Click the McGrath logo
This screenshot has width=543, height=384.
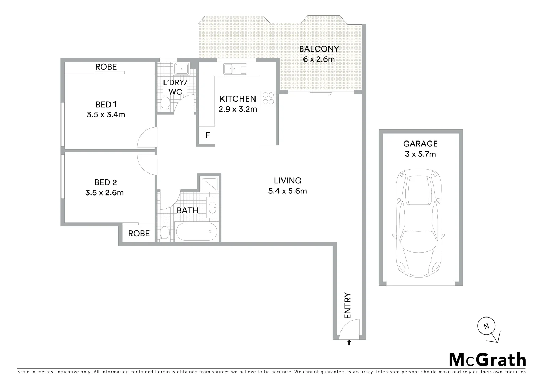487,360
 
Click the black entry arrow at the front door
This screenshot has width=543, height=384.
349,342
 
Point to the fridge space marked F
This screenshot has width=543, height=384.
208,135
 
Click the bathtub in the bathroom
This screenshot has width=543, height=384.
197,232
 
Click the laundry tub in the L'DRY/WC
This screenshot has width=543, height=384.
182,69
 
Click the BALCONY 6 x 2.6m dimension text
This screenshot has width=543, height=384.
319,59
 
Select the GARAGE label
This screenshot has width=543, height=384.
420,144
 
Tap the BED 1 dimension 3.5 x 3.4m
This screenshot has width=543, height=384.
106,115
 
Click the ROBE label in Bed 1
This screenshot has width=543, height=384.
106,67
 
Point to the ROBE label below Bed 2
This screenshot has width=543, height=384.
139,234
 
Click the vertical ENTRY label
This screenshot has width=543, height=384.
348,306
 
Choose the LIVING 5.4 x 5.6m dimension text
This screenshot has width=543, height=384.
287,191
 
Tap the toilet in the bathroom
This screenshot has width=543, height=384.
165,233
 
